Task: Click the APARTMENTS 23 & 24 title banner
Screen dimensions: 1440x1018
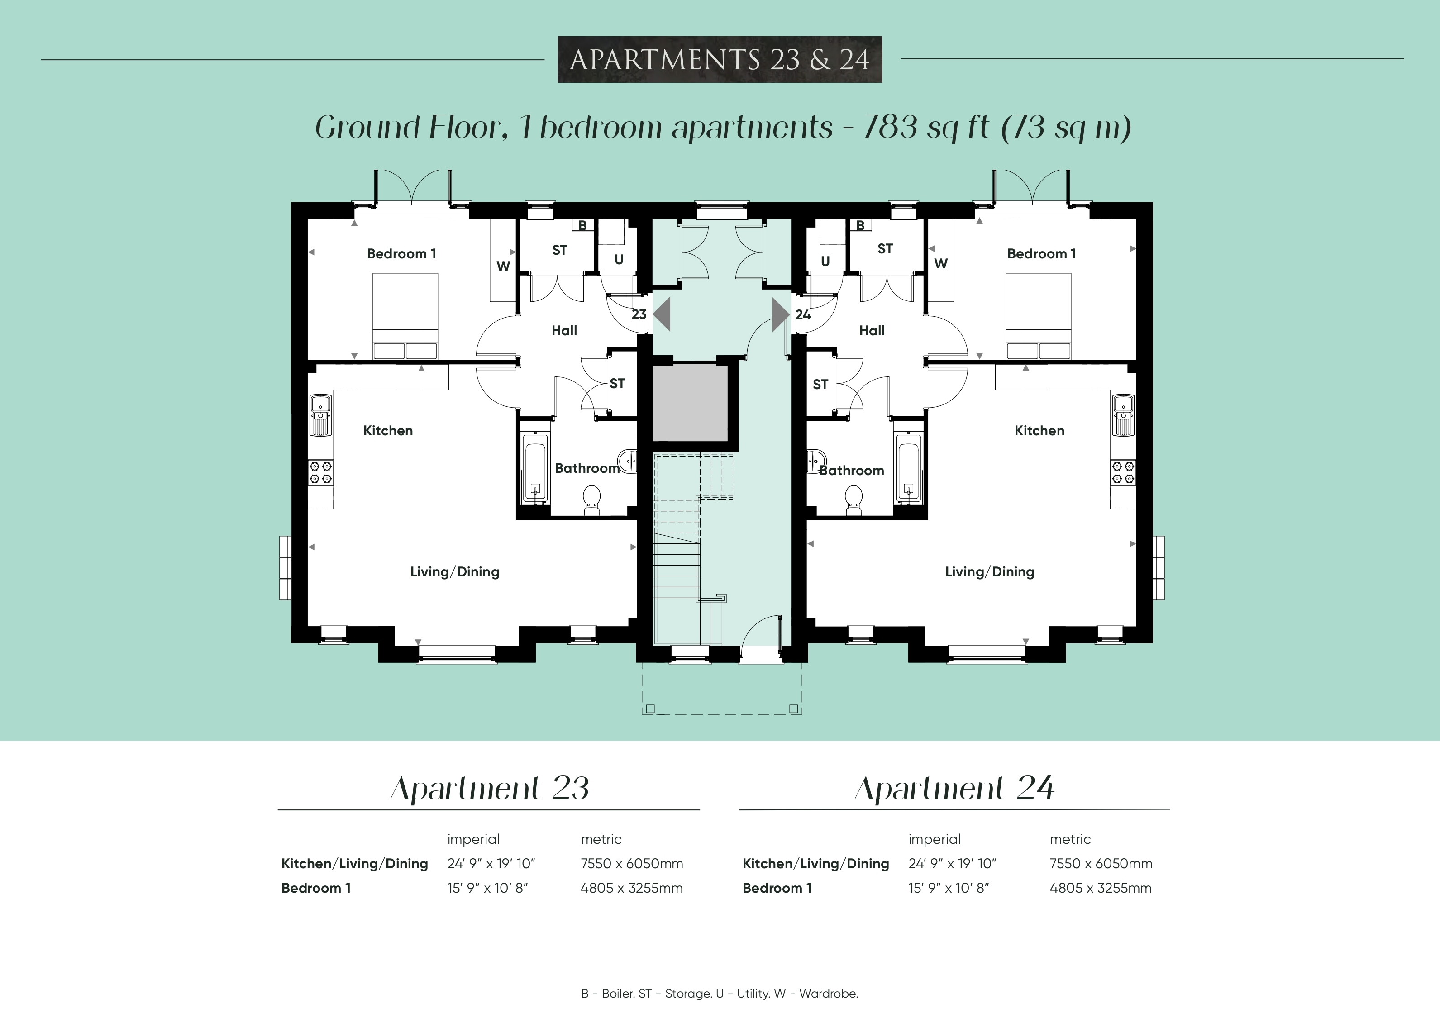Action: pyautogui.click(x=720, y=60)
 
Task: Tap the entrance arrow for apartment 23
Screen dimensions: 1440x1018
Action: pyautogui.click(x=662, y=314)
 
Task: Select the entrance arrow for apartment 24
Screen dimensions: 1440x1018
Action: pyautogui.click(x=780, y=314)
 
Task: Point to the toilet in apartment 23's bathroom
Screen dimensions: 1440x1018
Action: pyautogui.click(x=591, y=501)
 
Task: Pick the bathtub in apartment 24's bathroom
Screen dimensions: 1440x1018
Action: pyautogui.click(x=908, y=468)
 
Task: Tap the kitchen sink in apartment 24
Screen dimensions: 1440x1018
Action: pyautogui.click(x=1124, y=415)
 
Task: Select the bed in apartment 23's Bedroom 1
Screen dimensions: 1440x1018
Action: pyautogui.click(x=405, y=316)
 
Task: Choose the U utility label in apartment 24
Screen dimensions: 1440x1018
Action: pyautogui.click(x=825, y=262)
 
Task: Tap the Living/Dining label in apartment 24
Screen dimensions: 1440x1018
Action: pyautogui.click(x=990, y=572)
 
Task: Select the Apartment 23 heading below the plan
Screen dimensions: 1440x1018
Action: pyautogui.click(x=490, y=789)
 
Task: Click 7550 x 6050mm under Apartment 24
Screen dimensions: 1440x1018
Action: pyautogui.click(x=1101, y=864)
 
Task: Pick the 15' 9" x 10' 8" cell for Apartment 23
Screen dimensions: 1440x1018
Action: pyautogui.click(x=487, y=888)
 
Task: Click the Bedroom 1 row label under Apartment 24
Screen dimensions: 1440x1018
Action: pyautogui.click(x=777, y=888)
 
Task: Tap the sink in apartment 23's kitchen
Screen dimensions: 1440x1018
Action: pyautogui.click(x=320, y=415)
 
